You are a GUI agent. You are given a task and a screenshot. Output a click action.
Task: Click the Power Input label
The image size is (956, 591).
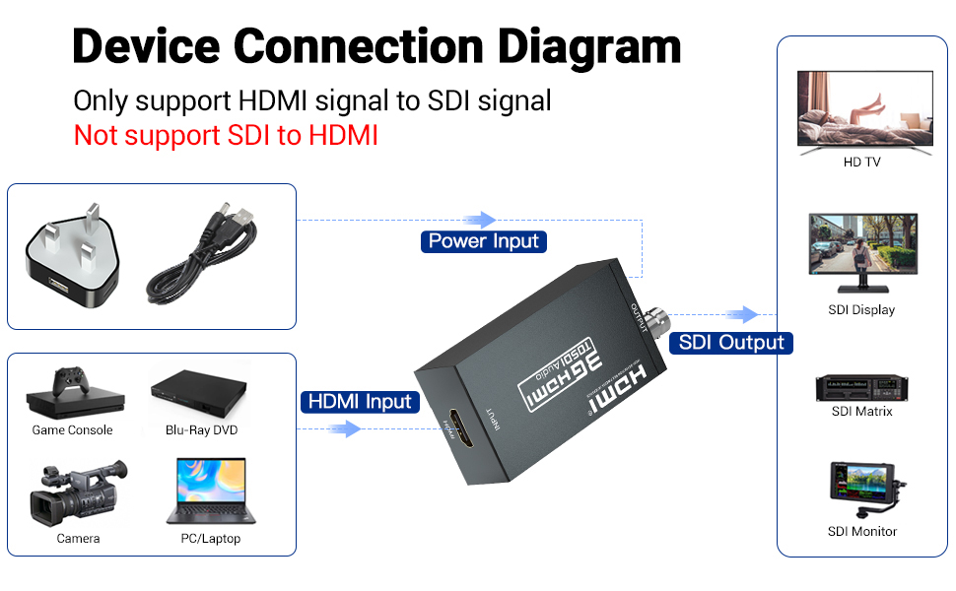pos(484,241)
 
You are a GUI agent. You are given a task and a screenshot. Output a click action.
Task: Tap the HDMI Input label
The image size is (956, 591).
pos(361,402)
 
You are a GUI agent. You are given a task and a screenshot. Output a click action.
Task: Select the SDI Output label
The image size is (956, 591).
pos(731,343)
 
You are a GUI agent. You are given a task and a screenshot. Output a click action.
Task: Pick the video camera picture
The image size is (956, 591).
pos(77,492)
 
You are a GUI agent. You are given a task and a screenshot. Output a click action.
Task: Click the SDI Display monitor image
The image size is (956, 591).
pos(862,252)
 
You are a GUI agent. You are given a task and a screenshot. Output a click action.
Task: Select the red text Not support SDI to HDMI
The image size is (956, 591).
pos(226,135)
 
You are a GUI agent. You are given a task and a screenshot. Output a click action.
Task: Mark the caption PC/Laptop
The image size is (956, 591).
pos(210,539)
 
